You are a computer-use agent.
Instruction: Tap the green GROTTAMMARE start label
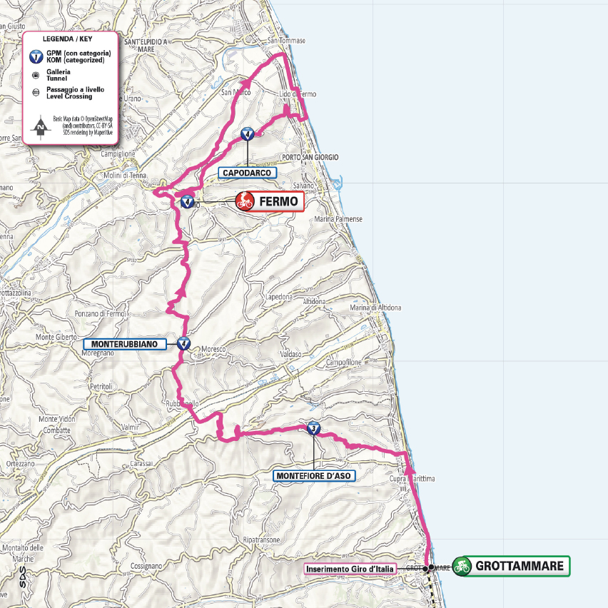coord(522,567)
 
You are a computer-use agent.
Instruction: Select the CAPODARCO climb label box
coord(247,173)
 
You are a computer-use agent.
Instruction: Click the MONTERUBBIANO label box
coord(124,344)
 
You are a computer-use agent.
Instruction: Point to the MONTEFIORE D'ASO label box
coord(314,475)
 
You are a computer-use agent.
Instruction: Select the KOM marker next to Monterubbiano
coord(184,343)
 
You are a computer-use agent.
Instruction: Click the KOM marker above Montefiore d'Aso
coord(313,429)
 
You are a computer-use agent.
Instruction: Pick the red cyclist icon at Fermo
coord(245,201)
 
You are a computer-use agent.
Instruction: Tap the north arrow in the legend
coord(41,127)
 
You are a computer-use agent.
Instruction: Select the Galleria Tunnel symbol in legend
coord(35,74)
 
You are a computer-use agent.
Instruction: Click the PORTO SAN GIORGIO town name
coord(310,157)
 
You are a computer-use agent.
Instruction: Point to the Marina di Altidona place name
coord(375,308)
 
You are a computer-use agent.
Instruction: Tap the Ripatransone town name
coord(260,539)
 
